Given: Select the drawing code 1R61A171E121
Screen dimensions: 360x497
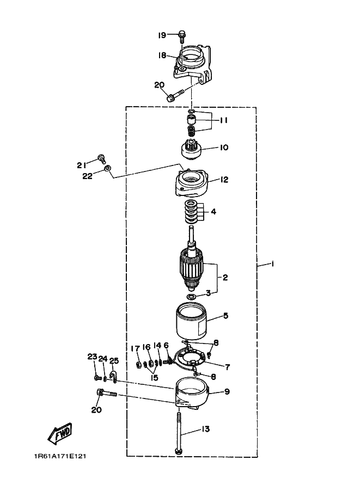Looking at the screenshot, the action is click(60, 456).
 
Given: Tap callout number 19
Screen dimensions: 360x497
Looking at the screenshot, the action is click(162, 35).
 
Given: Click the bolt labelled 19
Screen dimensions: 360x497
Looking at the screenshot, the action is click(182, 36).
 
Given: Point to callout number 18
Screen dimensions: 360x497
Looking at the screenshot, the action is click(162, 56).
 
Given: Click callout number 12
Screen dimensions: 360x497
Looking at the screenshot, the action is click(224, 180).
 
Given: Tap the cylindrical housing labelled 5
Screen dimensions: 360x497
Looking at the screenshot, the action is click(191, 321).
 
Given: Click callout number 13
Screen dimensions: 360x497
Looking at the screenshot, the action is click(205, 429).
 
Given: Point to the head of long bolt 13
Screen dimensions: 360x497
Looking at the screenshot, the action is click(179, 451).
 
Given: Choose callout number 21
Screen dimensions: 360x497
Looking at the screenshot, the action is click(81, 165).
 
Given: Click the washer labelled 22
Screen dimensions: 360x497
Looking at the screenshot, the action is click(108, 168).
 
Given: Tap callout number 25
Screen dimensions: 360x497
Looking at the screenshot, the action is click(114, 360).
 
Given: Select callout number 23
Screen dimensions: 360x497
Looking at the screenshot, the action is click(92, 357).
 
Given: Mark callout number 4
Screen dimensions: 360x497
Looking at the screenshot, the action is click(213, 211).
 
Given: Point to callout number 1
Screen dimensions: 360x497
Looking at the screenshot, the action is click(272, 263).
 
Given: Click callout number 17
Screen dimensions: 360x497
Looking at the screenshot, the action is click(136, 348).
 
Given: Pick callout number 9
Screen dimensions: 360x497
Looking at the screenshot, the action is click(227, 391).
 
